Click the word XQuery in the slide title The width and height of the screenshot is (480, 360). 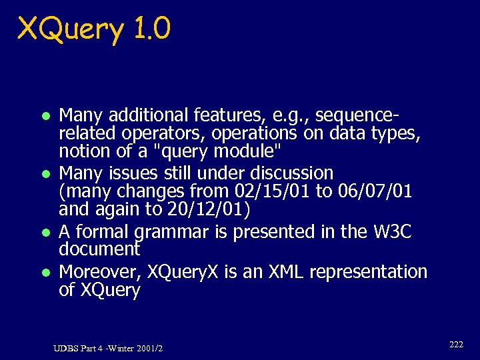tap(70, 29)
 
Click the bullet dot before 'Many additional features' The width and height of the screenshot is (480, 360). tap(45, 115)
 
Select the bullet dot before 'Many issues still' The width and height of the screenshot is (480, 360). tap(45, 174)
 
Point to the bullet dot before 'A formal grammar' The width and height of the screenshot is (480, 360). tap(45, 233)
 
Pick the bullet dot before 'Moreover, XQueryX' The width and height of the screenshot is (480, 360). tap(45, 273)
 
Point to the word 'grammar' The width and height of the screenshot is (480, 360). tap(167, 233)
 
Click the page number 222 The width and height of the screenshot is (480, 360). tap(456, 345)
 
